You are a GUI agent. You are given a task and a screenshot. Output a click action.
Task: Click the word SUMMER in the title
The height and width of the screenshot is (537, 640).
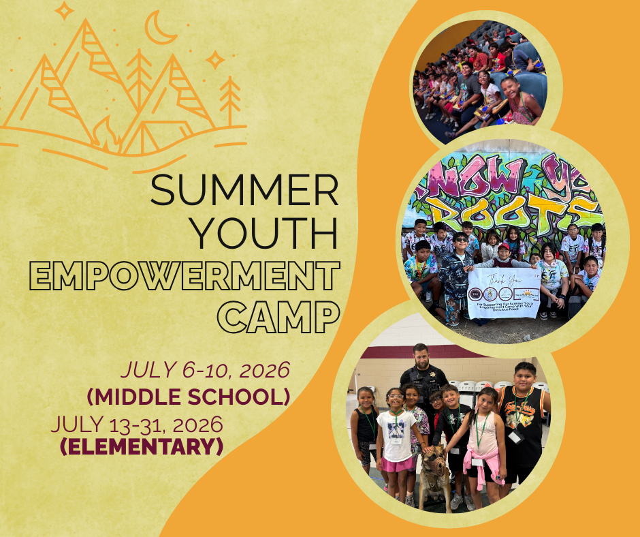point(244,191)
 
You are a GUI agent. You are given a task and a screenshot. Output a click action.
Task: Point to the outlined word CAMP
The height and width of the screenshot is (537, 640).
point(281,317)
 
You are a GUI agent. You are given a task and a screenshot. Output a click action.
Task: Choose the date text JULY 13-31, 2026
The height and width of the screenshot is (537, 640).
point(137,425)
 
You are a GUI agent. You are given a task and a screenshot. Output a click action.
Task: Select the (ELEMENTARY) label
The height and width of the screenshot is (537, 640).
point(142,447)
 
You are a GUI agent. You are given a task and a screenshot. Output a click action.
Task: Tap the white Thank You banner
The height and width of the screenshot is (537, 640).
point(504,292)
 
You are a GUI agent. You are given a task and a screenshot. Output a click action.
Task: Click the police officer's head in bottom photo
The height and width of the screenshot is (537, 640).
point(421,356)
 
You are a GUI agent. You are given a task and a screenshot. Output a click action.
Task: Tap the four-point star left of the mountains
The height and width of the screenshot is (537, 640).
point(64,10)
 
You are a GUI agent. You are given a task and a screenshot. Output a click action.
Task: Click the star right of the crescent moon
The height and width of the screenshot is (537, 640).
point(215,60)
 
